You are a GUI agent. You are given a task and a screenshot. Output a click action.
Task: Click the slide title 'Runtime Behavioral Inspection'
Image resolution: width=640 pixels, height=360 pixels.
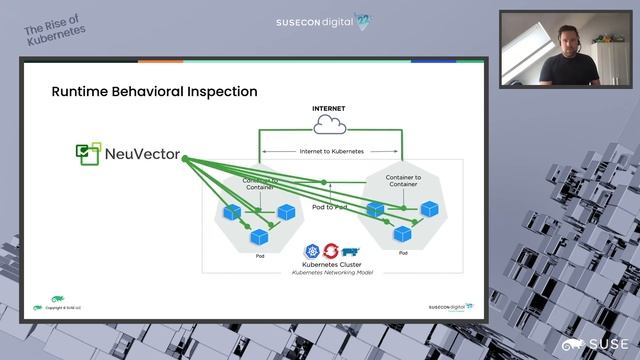[x=154, y=91]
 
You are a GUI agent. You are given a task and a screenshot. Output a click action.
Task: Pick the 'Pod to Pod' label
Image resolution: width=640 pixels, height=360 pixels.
[x=329, y=207]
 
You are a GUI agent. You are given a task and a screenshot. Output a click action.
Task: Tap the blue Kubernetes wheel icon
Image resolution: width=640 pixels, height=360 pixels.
[x=313, y=251]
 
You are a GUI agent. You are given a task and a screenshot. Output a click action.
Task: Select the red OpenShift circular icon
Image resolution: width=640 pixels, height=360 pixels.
[x=331, y=251]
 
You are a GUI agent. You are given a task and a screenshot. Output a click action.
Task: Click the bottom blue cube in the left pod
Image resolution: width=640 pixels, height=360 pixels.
[x=260, y=237]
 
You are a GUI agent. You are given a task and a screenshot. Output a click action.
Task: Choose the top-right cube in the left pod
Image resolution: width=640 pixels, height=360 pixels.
[x=287, y=212]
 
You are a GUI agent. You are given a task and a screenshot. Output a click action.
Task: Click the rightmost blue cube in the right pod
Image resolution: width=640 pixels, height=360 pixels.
[x=430, y=209]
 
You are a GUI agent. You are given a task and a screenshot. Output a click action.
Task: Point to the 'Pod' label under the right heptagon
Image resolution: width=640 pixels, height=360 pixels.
[x=403, y=254]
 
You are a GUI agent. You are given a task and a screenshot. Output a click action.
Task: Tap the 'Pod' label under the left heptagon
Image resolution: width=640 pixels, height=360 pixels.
[x=260, y=257]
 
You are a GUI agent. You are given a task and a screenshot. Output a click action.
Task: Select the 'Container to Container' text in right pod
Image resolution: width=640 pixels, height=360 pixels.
[x=403, y=181]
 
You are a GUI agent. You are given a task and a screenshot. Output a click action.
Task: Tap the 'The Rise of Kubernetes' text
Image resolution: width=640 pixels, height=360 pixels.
[x=56, y=28]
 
